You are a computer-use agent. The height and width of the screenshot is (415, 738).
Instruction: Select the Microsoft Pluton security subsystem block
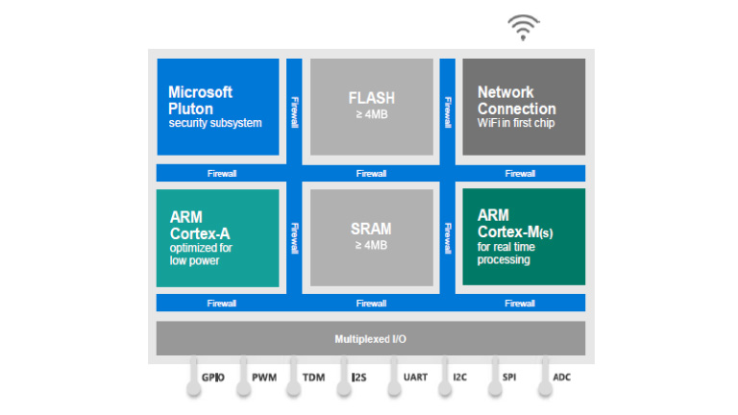tap(218, 107)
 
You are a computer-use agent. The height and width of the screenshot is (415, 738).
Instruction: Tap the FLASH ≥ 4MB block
tap(371, 107)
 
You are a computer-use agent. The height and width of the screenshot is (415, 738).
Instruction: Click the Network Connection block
tap(524, 107)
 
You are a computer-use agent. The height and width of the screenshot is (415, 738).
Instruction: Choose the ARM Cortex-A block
tap(218, 237)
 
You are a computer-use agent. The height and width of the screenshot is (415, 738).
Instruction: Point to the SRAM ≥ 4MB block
tap(371, 237)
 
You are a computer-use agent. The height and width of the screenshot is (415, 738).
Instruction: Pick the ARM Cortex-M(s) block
tap(524, 237)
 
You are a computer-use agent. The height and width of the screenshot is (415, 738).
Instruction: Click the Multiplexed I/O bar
tap(371, 338)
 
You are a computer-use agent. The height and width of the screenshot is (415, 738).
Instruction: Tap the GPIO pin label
tap(212, 378)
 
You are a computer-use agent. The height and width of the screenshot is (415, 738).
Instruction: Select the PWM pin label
tap(263, 378)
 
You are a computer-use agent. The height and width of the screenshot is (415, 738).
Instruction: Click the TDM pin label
tap(314, 378)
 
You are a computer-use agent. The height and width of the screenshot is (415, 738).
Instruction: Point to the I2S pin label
tap(358, 378)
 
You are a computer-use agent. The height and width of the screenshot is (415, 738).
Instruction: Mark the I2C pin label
tap(461, 378)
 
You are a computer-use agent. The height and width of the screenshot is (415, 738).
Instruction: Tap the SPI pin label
tap(509, 378)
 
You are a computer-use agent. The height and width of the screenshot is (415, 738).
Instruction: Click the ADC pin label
tap(561, 378)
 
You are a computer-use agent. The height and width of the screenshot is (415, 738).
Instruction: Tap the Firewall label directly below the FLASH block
tap(371, 174)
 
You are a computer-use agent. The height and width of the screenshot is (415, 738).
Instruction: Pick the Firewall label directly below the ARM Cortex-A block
tap(222, 304)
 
